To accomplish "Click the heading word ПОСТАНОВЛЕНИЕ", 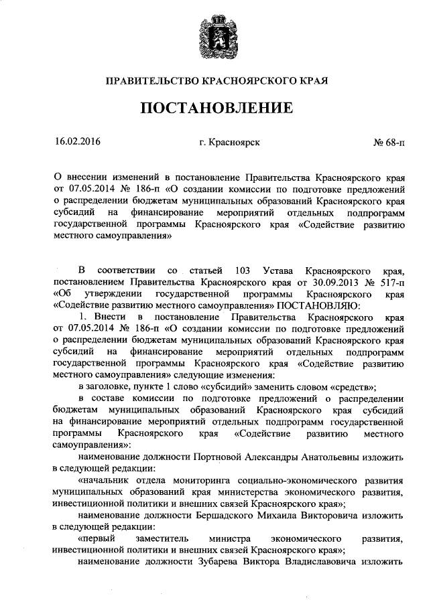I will click(x=215, y=108).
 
